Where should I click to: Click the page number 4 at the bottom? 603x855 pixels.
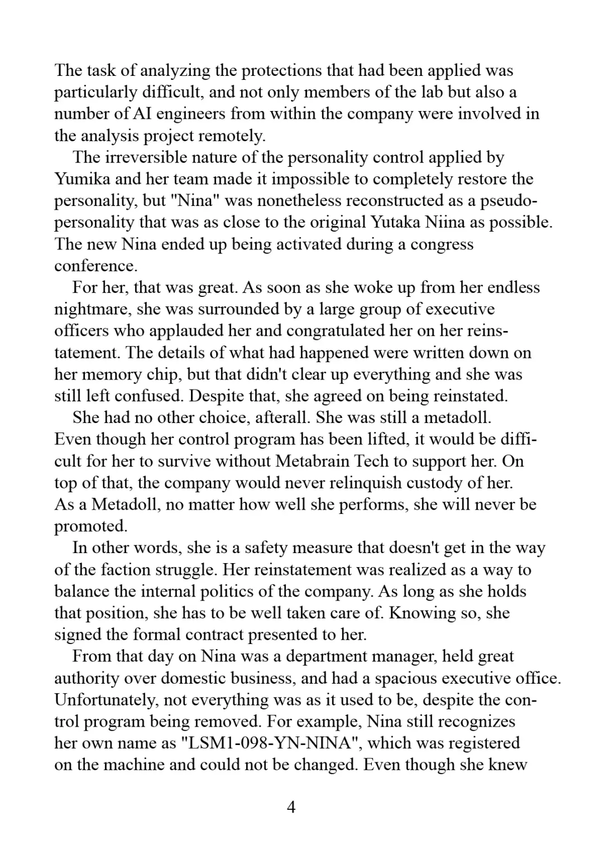tap(290, 807)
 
